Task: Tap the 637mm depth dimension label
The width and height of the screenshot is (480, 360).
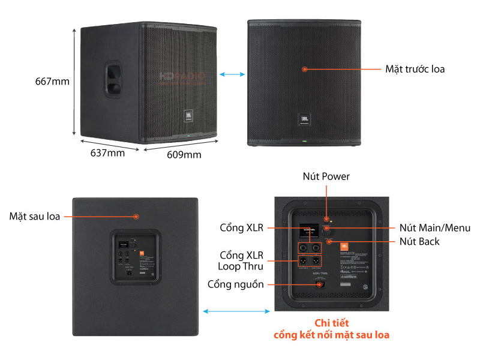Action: tap(107, 153)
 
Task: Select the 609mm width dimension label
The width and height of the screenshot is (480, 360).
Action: tap(184, 155)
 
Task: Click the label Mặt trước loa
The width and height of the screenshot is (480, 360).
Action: tap(415, 69)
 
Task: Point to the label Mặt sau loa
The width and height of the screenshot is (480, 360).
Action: tap(35, 216)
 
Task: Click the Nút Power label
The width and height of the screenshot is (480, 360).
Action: tap(326, 176)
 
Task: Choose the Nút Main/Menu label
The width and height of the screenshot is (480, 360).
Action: tap(435, 228)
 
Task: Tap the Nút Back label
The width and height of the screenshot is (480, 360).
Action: tap(419, 241)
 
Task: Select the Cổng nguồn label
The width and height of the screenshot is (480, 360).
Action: tap(236, 284)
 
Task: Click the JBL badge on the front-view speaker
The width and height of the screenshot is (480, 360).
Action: tap(304, 118)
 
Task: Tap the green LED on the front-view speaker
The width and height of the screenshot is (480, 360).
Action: tap(304, 142)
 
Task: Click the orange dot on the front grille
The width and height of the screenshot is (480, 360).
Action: tap(305, 69)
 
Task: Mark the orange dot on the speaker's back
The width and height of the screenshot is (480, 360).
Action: tap(137, 216)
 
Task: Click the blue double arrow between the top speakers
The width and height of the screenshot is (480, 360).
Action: tap(232, 74)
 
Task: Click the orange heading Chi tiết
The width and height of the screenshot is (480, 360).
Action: tap(331, 323)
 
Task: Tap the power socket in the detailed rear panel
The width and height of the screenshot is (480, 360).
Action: tap(319, 284)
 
